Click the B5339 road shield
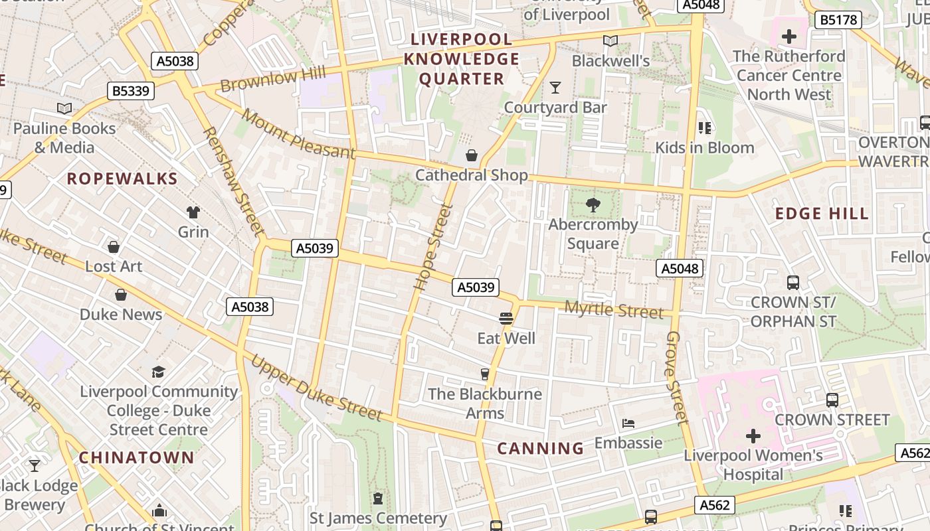pos(131,91)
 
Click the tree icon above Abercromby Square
pos(593,205)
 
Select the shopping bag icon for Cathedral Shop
pos(472,155)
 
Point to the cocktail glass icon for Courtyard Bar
pos(555,87)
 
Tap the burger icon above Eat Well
pos(506,319)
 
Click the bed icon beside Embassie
pos(628,423)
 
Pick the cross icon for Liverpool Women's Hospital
pos(753,436)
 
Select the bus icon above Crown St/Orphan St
pos(792,282)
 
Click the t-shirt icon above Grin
pos(193,212)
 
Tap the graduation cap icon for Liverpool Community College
pos(158,372)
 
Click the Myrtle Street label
pos(614,310)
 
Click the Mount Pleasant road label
pos(298,134)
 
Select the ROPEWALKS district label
pos(122,179)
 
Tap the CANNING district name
pos(541,449)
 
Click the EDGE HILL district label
pos(822,214)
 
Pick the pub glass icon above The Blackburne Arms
pos(485,374)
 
